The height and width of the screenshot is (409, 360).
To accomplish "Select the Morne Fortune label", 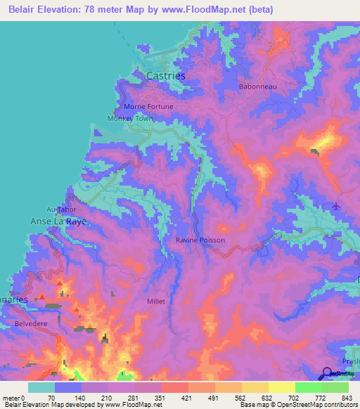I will [x=148, y=106].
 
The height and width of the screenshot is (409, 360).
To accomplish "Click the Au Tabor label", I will [x=60, y=209].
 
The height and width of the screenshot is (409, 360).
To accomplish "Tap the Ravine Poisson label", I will [x=200, y=240].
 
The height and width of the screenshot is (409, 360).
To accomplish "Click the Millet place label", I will [x=155, y=301].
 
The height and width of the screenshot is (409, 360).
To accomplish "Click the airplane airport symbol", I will [x=336, y=206].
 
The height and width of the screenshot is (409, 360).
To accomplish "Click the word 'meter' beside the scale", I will [x=12, y=397].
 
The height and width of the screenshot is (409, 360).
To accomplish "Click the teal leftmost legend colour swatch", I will [x=41, y=387].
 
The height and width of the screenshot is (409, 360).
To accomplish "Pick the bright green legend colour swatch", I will [x=309, y=387].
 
